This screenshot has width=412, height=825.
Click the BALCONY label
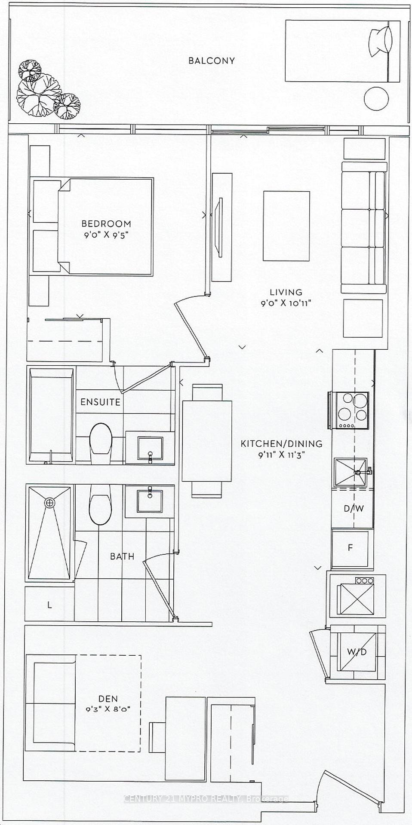pos(212,61)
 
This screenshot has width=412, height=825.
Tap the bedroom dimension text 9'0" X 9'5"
pos(106,235)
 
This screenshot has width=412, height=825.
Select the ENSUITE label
pos(100,402)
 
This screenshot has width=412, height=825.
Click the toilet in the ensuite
pos(101,438)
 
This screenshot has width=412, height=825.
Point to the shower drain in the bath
pos(50,502)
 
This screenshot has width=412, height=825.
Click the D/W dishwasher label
pos(354,508)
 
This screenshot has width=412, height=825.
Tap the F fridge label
pos(350,548)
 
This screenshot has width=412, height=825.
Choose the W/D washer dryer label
pos(357,652)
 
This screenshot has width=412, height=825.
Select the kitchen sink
pos(351,472)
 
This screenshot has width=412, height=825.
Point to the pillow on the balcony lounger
pos(381,40)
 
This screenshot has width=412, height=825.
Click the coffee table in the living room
pos(286,226)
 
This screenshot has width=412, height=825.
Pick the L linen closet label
pos(49,605)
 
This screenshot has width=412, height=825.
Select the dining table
pos(207,441)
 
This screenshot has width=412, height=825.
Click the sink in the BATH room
pos(150,501)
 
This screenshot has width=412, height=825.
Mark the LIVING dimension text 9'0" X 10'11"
pos(286,302)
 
